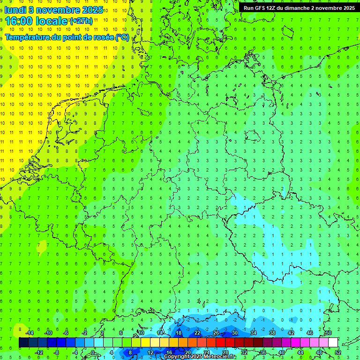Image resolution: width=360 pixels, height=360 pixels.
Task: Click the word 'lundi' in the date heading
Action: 16,10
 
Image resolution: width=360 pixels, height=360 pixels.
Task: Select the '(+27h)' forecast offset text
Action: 81,21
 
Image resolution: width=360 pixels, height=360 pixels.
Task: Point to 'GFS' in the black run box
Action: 262,8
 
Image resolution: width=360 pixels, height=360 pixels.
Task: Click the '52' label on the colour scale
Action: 337,352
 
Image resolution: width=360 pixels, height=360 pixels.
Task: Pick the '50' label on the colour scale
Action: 328,333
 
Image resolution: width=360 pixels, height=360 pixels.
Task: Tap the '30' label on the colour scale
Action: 234,333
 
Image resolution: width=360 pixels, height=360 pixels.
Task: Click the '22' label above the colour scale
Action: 197,333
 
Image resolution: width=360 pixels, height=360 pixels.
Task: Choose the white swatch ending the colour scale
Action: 333,343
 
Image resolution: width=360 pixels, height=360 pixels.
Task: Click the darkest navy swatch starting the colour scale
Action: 23,343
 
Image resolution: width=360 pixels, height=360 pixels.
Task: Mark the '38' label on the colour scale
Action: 272,333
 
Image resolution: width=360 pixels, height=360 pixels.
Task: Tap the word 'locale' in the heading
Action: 50,21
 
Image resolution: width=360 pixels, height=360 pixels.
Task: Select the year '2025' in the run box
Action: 345,8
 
